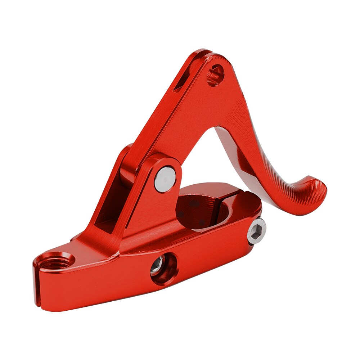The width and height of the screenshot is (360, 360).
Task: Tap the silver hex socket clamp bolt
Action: click(256, 231)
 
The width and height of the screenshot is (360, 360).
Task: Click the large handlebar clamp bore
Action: click(202, 211)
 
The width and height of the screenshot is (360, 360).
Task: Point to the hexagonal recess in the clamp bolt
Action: click(257, 230)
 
